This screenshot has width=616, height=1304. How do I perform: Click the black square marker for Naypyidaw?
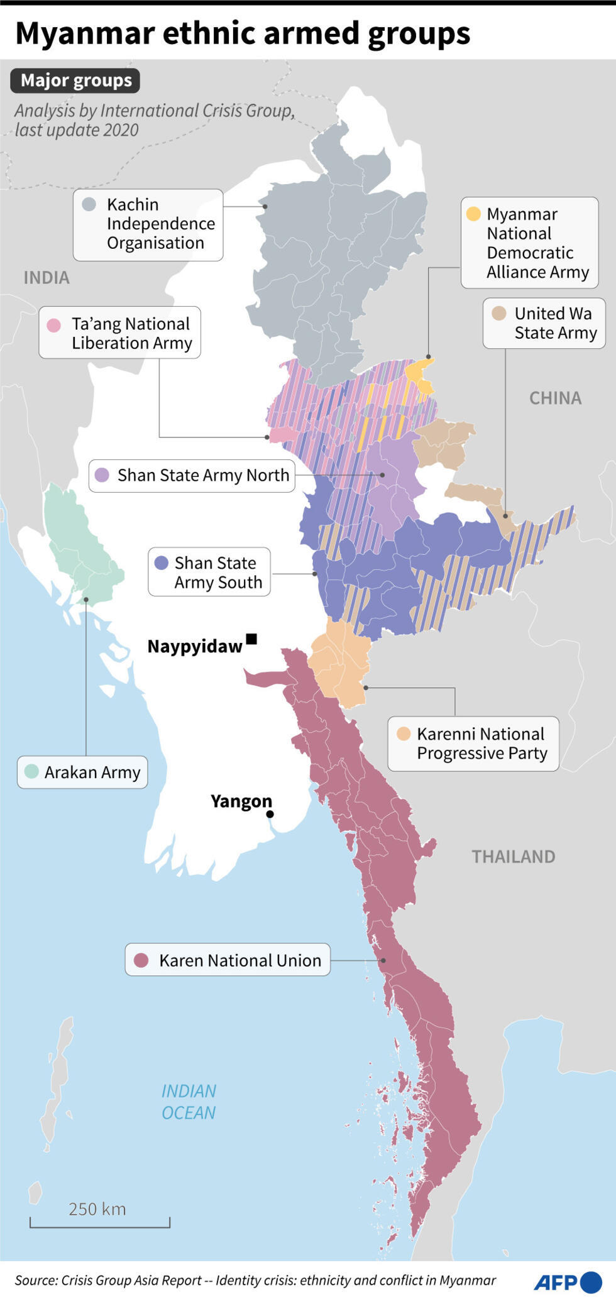(x=251, y=639)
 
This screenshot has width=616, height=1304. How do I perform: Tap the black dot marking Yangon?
(x=270, y=814)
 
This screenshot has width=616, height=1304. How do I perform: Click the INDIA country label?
(x=47, y=278)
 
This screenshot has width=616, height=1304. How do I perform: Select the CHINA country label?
(x=555, y=398)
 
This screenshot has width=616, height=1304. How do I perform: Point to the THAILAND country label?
(x=513, y=857)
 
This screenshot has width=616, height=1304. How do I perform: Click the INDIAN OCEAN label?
(x=189, y=1102)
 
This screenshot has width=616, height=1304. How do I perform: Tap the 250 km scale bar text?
(x=97, y=1208)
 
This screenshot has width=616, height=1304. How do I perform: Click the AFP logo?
(x=567, y=1281)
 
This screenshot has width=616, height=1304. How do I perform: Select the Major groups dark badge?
(x=75, y=80)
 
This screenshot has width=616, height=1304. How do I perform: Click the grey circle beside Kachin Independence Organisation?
(x=89, y=204)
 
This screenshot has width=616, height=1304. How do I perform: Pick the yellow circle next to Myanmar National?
(x=473, y=214)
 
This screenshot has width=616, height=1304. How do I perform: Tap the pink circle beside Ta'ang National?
(x=54, y=325)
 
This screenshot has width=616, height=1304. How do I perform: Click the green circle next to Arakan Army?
(x=31, y=771)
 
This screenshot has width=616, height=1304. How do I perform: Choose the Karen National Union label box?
(x=228, y=960)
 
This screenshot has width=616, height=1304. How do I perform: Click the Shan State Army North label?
(x=192, y=475)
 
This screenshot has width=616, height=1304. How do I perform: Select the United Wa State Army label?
(x=544, y=323)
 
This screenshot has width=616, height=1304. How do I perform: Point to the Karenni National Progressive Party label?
(x=473, y=743)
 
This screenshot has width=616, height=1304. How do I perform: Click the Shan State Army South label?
(x=209, y=572)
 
